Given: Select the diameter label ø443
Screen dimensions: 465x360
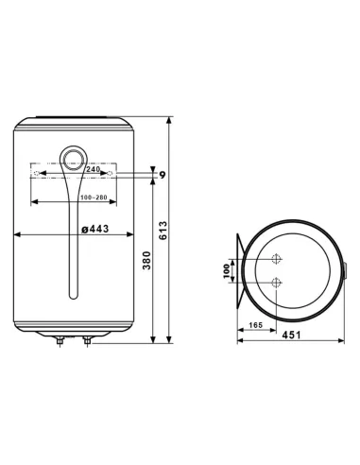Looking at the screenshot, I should pyautogui.click(x=97, y=227).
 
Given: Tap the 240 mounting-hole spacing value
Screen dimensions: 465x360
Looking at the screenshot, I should pyautogui.click(x=72, y=168).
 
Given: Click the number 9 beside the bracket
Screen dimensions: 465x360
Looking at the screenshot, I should pyautogui.click(x=162, y=174).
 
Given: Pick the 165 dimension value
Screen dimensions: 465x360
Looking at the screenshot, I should pyautogui.click(x=254, y=325).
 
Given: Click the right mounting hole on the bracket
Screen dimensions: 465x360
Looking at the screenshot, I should pyautogui.click(x=111, y=175).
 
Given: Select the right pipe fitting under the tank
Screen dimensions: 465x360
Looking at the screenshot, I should pyautogui.click(x=87, y=341).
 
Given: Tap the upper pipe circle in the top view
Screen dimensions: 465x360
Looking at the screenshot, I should pyautogui.click(x=276, y=259).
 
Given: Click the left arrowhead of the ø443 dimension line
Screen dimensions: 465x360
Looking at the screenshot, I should pyautogui.click(x=19, y=234).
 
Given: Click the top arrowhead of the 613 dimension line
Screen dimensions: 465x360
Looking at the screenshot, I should pyautogui.click(x=170, y=121).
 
